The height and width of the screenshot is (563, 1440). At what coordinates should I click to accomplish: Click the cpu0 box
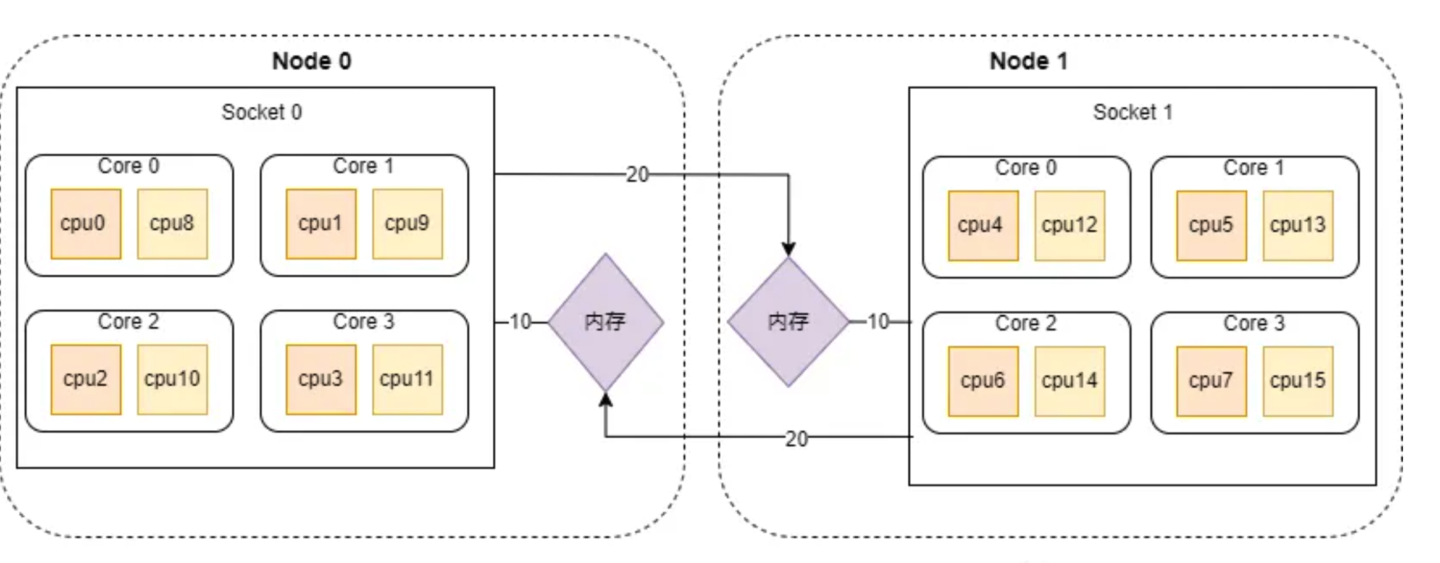[86, 223]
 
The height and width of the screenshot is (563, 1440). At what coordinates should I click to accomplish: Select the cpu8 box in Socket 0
[172, 223]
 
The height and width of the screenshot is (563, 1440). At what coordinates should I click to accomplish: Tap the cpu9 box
[408, 223]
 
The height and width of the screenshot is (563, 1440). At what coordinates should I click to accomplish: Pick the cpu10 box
[172, 379]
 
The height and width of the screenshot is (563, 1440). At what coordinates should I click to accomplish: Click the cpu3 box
[321, 379]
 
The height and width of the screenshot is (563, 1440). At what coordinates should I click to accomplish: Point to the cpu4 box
[983, 225]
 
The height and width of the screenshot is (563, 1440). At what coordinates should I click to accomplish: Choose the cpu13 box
[1298, 225]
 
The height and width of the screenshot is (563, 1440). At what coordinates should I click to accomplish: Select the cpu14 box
[1070, 381]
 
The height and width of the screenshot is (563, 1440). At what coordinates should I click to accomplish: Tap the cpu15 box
[1298, 381]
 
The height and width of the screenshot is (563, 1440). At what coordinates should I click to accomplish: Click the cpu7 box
[1212, 381]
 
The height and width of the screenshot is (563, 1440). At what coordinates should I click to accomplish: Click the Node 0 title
[312, 61]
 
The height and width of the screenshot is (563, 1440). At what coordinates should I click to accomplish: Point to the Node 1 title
[1029, 61]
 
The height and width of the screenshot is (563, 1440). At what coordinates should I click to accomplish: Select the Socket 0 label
[262, 112]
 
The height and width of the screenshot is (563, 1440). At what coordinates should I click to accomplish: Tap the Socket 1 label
[1133, 112]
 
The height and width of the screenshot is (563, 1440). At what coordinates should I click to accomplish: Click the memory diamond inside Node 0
[605, 322]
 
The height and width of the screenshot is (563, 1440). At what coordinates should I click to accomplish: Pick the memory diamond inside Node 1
[788, 322]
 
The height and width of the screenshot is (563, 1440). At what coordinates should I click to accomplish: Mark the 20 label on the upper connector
[637, 175]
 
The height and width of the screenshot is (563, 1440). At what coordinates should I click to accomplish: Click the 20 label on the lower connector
[797, 439]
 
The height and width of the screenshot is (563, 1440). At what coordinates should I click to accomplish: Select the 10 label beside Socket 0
[521, 322]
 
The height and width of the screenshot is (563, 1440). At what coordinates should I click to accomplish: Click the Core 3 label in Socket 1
[1254, 323]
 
